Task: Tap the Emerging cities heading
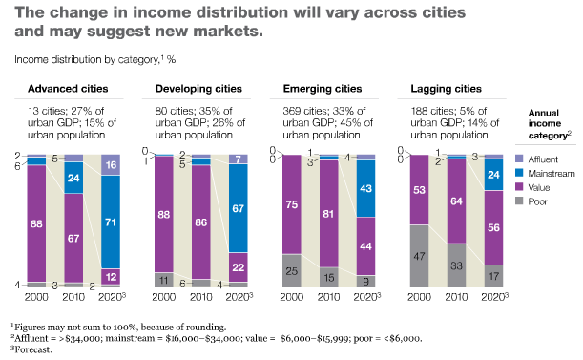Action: [x=323, y=89]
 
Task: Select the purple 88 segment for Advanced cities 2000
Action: [x=37, y=223]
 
